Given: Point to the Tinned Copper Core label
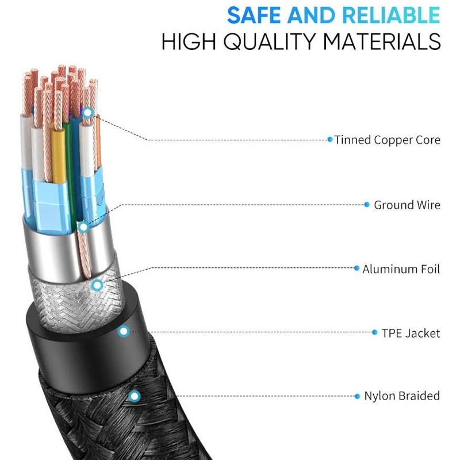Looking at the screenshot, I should click(387, 140).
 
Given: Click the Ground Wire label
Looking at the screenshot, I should click(407, 205).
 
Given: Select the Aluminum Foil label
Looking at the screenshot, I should click(401, 269).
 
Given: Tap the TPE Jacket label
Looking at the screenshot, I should click(411, 333).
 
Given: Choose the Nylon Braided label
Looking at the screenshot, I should click(402, 396).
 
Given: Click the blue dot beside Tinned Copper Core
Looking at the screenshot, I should click(330, 140).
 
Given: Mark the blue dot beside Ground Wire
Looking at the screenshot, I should click(367, 205).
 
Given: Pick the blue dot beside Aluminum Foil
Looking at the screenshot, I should click(356, 269).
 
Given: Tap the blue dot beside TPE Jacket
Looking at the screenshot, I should click(375, 333).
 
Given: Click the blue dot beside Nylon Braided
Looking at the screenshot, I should click(358, 396).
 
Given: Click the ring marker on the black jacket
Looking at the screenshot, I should click(123, 331).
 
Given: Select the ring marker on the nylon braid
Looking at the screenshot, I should click(134, 396).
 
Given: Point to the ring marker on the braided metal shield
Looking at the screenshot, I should click(97, 284).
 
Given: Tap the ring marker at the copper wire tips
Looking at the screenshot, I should click(87, 113).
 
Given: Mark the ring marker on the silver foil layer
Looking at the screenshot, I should click(84, 227).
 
